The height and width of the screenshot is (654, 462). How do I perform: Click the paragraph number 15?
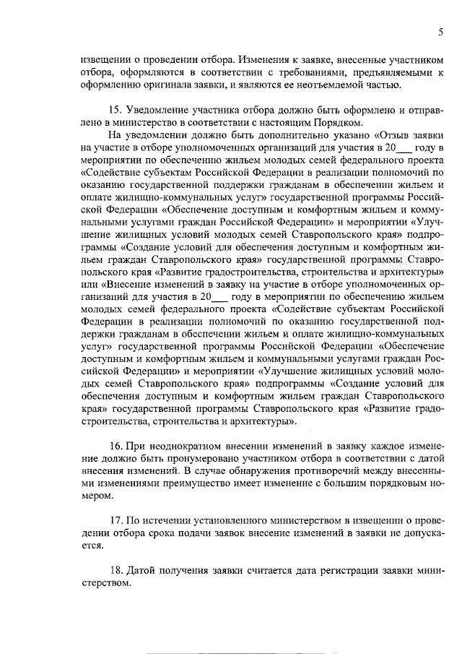coord(113,111)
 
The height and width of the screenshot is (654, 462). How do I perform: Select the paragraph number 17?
coord(113,520)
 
